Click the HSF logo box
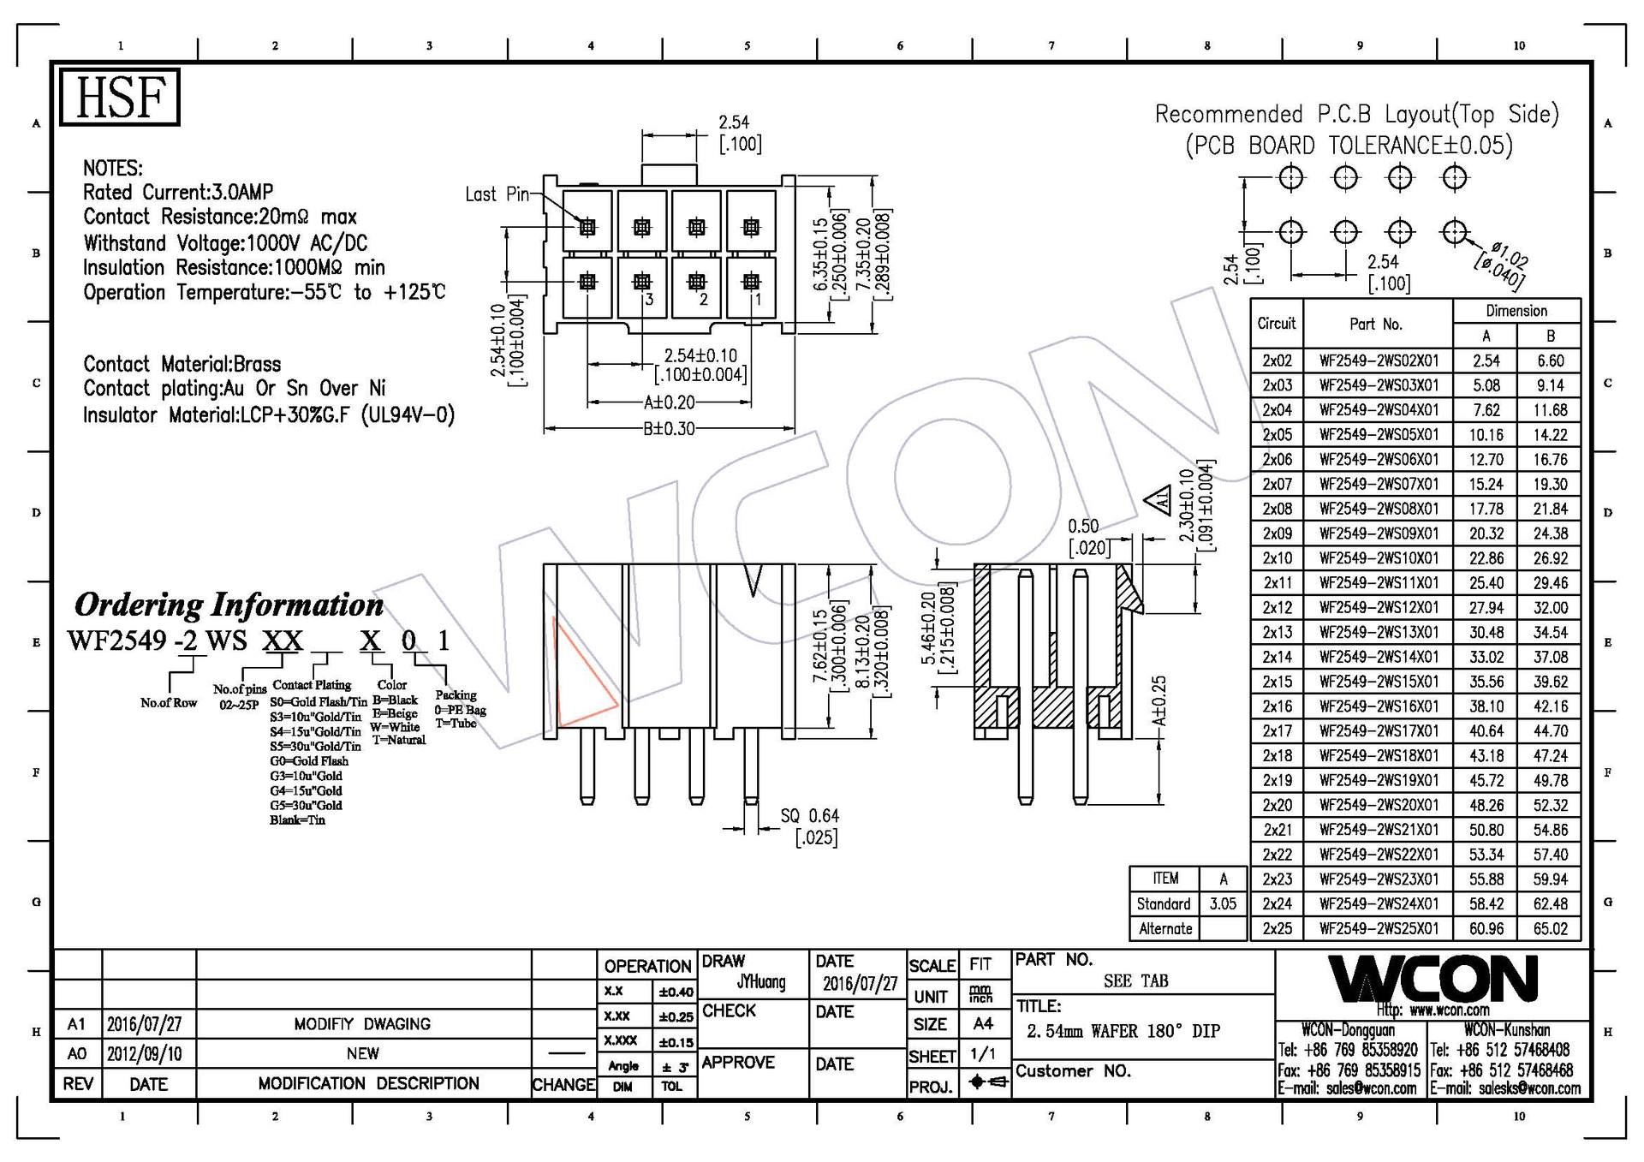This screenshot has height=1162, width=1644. pyautogui.click(x=119, y=97)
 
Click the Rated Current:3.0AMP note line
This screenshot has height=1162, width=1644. pyautogui.click(x=178, y=193)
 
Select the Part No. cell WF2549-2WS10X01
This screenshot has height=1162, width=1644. pyautogui.click(x=1378, y=558)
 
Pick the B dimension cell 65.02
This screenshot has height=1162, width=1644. pyautogui.click(x=1550, y=928)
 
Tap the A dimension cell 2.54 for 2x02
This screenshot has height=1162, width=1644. pyautogui.click(x=1486, y=361)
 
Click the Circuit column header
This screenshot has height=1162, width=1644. pyautogui.click(x=1276, y=323)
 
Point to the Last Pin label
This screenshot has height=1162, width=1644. pyautogui.click(x=497, y=194)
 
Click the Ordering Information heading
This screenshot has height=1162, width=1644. pyautogui.click(x=229, y=605)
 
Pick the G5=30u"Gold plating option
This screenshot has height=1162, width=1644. pyautogui.click(x=306, y=805)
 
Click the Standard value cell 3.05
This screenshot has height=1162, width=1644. pyautogui.click(x=1222, y=903)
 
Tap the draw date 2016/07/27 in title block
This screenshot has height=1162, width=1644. pyautogui.click(x=860, y=984)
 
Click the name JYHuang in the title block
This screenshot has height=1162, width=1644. pyautogui.click(x=760, y=982)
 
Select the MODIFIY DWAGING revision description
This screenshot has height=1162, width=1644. pyautogui.click(x=362, y=1024)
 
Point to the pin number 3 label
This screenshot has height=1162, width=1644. pyautogui.click(x=649, y=299)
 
